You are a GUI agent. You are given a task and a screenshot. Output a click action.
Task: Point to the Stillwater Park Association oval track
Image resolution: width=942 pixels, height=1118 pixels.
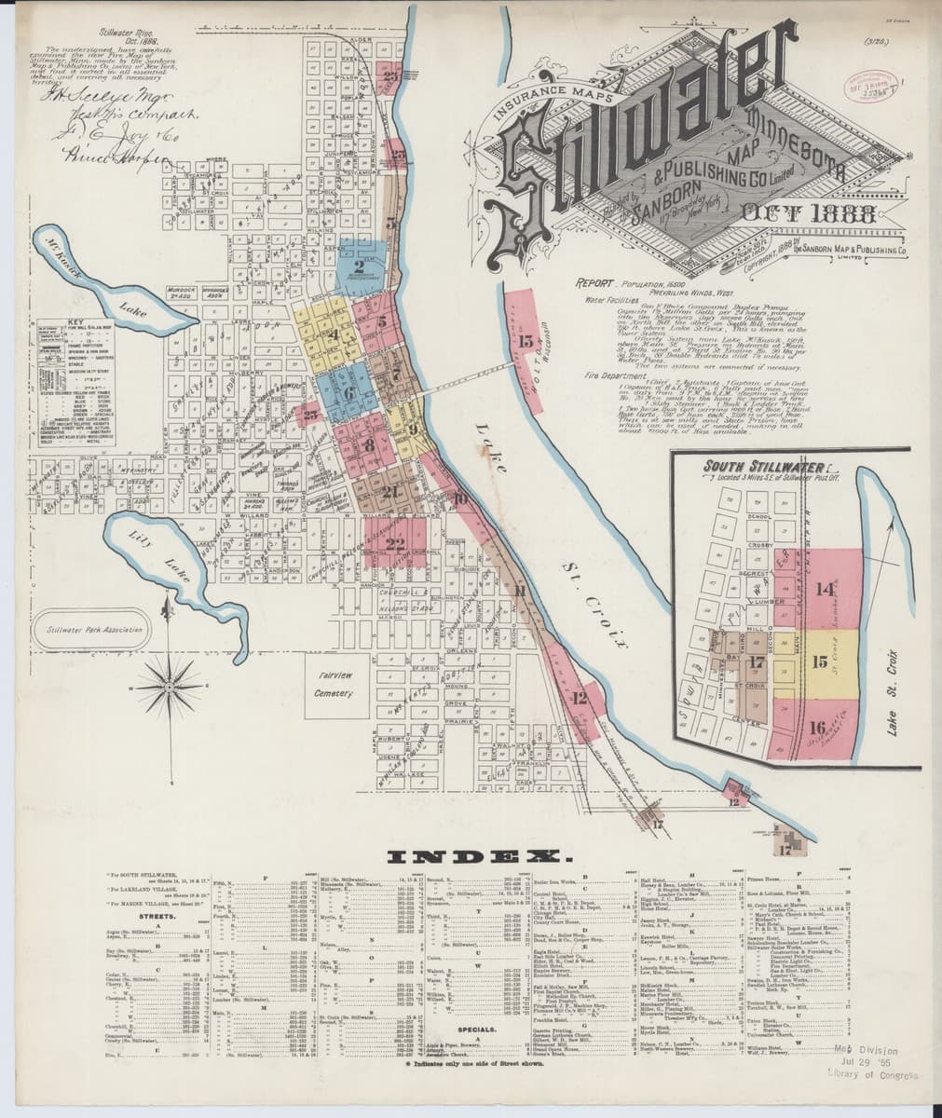pos(89,630)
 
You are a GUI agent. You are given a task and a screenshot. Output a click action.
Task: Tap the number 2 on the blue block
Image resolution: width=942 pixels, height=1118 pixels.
pos(359,266)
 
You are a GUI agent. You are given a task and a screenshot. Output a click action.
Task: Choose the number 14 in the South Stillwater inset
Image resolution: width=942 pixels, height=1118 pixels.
pos(824,589)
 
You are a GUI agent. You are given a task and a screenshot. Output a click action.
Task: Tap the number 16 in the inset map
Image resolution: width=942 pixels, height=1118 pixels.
pos(818,729)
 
